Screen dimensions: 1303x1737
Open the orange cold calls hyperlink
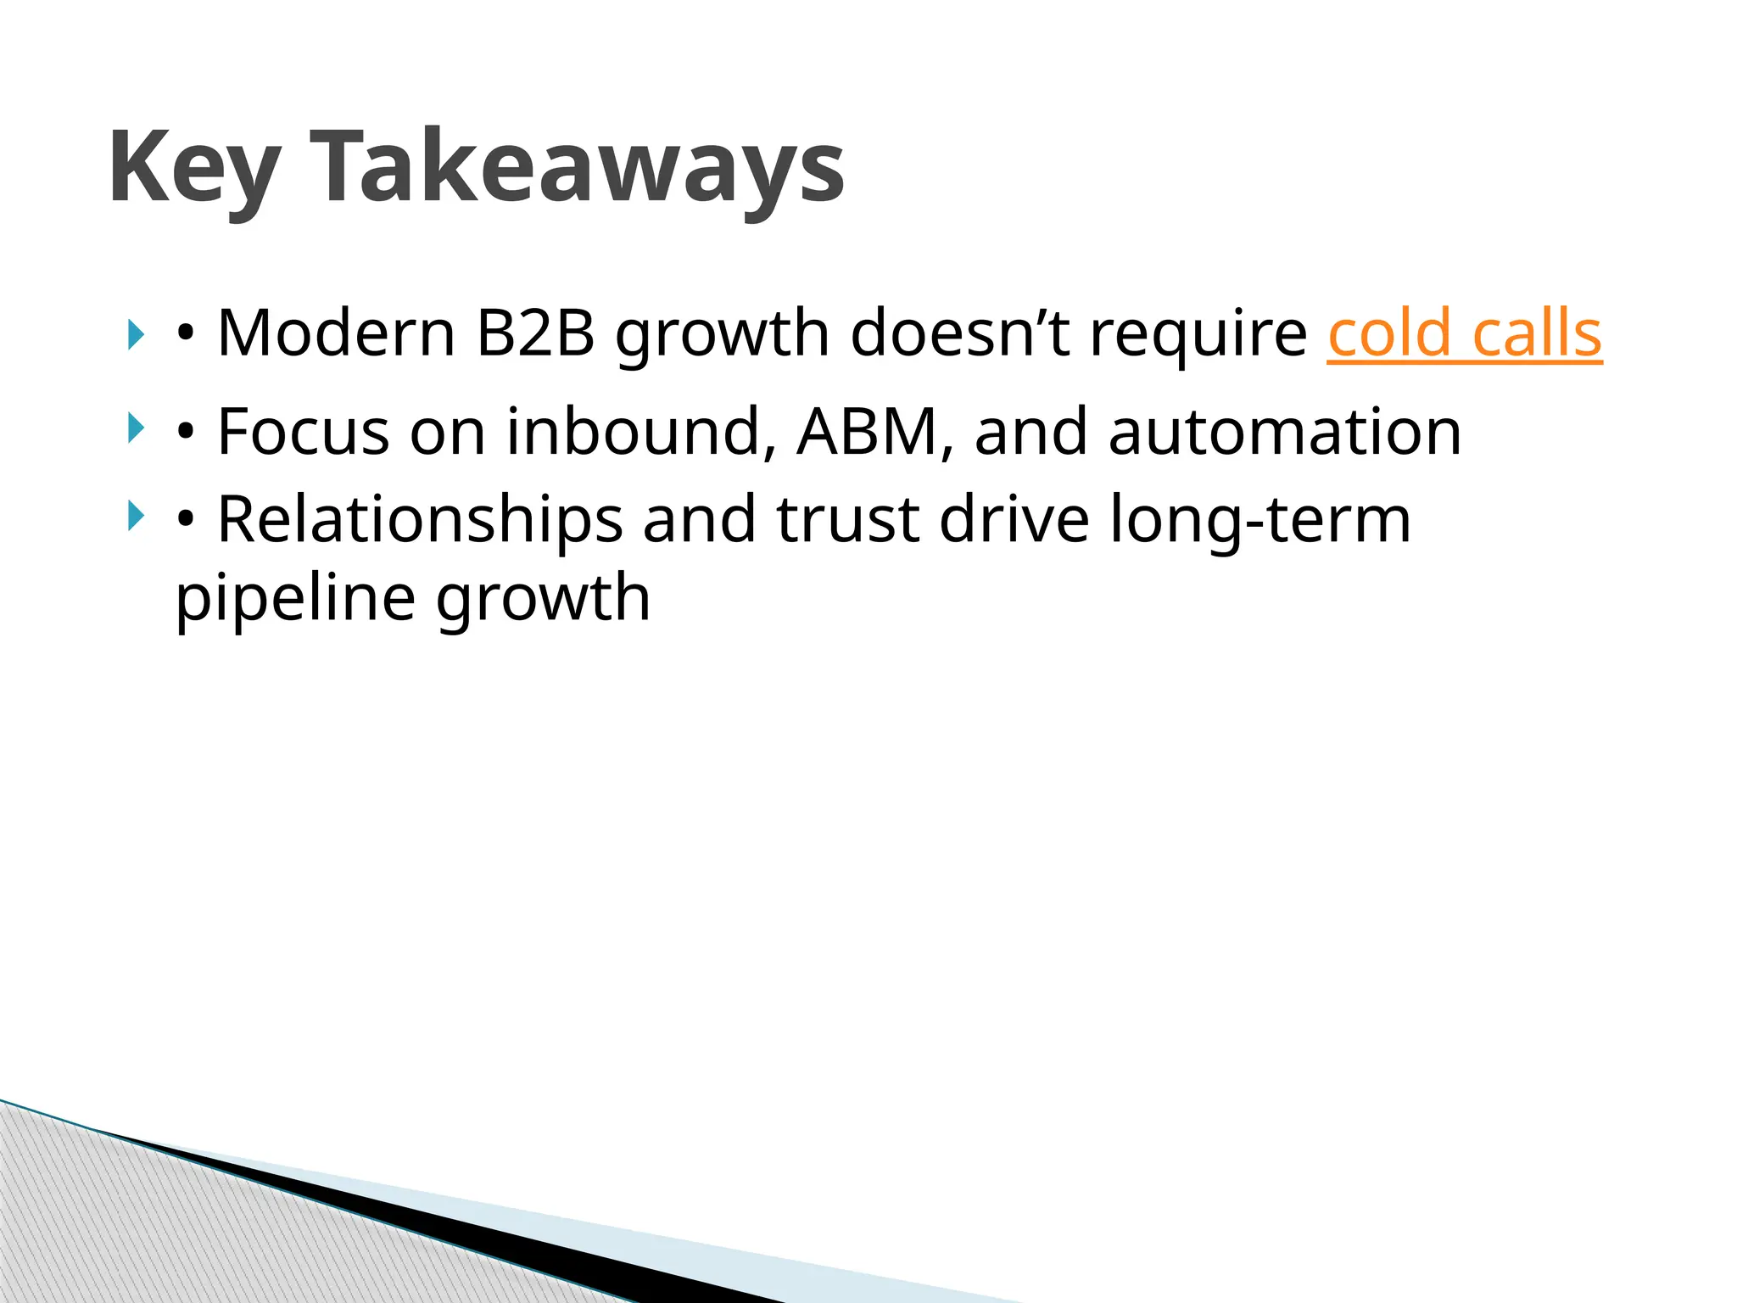click(1464, 333)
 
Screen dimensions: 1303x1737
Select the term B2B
click(535, 333)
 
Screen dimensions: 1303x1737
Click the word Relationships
click(420, 521)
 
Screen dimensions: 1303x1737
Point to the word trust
click(847, 521)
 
